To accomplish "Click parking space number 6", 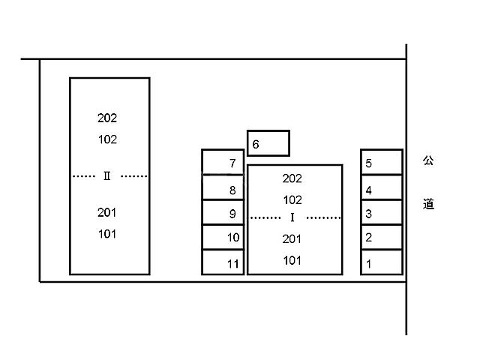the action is click(x=268, y=143).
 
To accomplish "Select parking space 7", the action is click(x=223, y=162).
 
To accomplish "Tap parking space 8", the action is click(x=223, y=187).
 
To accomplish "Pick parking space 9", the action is click(x=223, y=212).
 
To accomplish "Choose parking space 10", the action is click(x=223, y=237).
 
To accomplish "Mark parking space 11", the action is click(x=223, y=262).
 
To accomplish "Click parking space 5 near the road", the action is click(x=382, y=162).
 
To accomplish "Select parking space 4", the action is click(x=382, y=187).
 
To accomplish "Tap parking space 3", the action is click(x=382, y=212).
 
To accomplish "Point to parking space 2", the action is click(x=382, y=237).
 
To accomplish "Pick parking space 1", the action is click(x=382, y=262).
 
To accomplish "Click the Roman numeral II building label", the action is click(x=106, y=176).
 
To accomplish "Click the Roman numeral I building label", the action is click(x=292, y=217).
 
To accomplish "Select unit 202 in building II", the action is click(x=107, y=118).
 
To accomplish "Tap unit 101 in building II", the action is click(x=107, y=234).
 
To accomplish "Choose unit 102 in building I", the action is click(x=292, y=200).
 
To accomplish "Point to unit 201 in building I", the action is click(x=292, y=238).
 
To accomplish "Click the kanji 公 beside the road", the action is click(x=428, y=160).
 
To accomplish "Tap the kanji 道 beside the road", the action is click(x=428, y=204).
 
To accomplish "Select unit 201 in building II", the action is click(x=106, y=212).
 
